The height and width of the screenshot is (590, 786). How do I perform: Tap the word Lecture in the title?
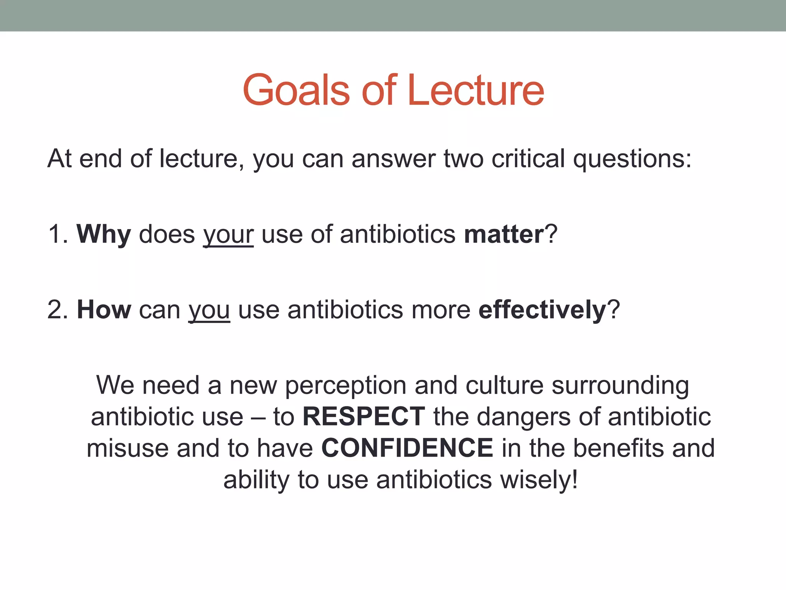click(476, 91)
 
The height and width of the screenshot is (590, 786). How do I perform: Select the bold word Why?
click(104, 234)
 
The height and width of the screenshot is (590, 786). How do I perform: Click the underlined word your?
click(228, 234)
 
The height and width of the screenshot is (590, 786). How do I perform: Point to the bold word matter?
click(504, 234)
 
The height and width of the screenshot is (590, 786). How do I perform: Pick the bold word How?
click(104, 310)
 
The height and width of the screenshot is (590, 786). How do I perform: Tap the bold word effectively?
click(542, 310)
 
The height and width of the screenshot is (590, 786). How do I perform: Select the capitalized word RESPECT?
click(364, 417)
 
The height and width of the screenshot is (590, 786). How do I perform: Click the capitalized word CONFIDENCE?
click(407, 448)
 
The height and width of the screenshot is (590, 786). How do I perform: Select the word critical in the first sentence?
click(528, 159)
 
